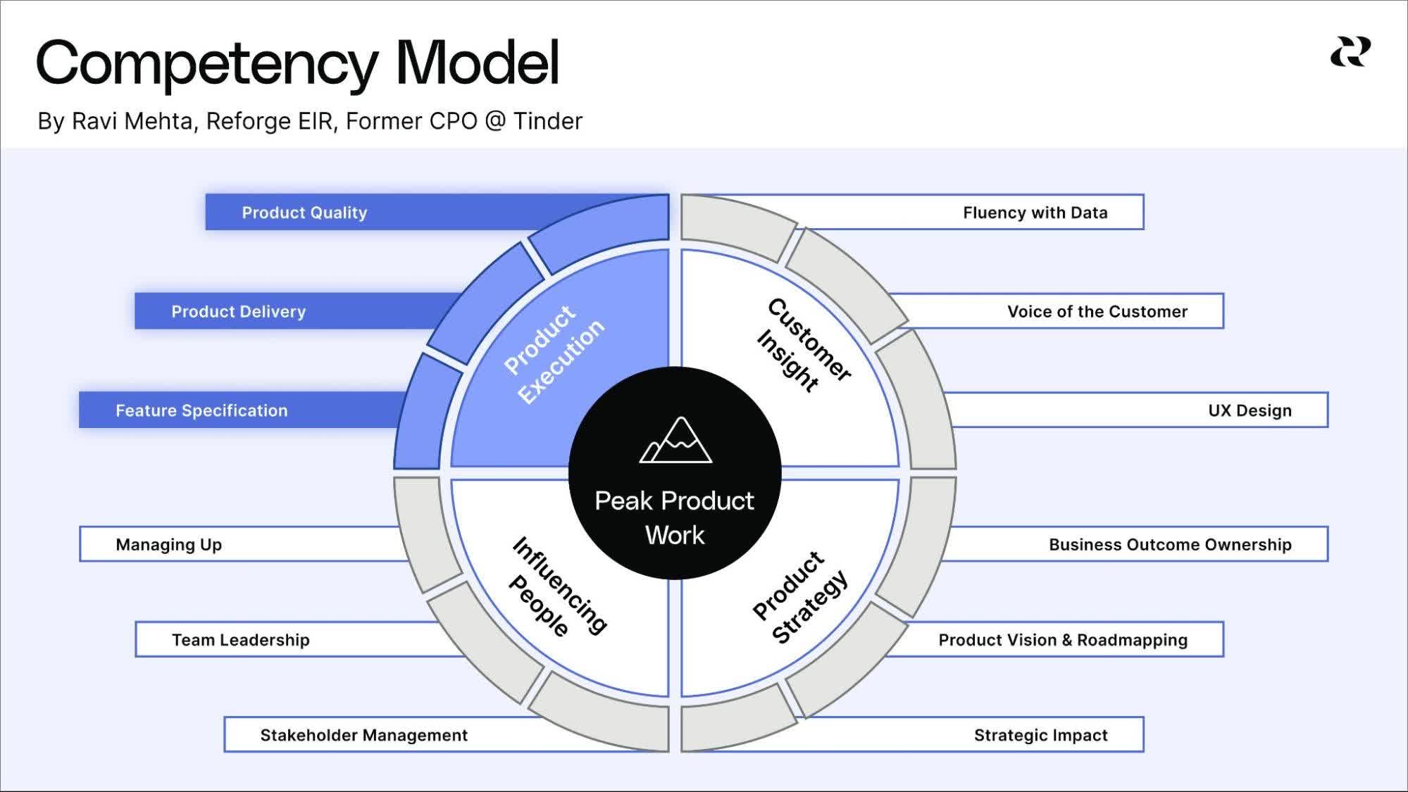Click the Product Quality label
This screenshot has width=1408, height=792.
(x=304, y=213)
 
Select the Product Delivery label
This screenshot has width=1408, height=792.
(x=238, y=311)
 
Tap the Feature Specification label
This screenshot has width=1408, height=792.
(x=201, y=410)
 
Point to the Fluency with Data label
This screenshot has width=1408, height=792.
(x=1035, y=213)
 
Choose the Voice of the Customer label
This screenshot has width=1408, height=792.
(x=1097, y=311)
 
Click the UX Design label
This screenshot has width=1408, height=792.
(x=1250, y=410)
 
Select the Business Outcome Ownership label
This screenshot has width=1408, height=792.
(x=1169, y=544)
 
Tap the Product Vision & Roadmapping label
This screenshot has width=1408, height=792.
(x=1062, y=640)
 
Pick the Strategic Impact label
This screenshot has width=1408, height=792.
(x=1040, y=735)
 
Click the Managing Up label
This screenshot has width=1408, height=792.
(x=168, y=544)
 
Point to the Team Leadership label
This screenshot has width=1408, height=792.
(x=240, y=640)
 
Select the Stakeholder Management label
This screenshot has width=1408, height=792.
(x=363, y=735)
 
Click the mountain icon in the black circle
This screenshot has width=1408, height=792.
(x=675, y=441)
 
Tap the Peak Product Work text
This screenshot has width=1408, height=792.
(x=674, y=517)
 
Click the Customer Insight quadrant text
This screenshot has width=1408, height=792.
(x=803, y=345)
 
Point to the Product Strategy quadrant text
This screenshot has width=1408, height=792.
(x=799, y=597)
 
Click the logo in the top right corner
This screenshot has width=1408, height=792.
(x=1350, y=52)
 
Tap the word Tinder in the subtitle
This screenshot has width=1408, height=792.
(x=547, y=121)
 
